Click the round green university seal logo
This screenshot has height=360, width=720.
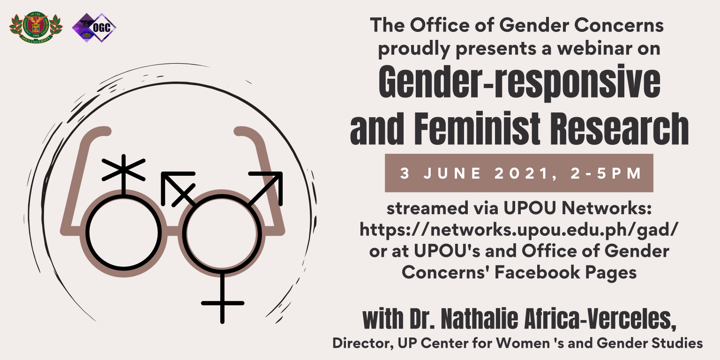click(x=36, y=28)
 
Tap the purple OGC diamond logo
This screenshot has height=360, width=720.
click(x=94, y=28)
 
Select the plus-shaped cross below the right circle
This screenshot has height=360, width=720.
click(x=223, y=302)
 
